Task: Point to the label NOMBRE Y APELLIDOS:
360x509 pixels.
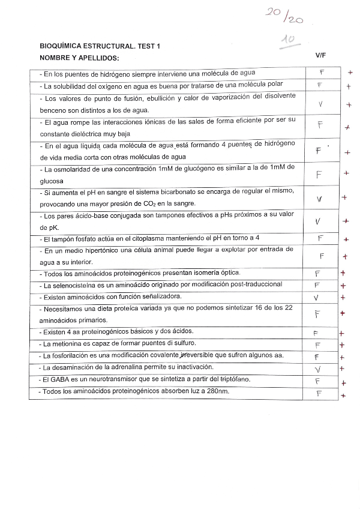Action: click(79, 58)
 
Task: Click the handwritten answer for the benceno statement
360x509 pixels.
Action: click(320, 104)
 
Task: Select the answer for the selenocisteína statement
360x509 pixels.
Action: click(317, 285)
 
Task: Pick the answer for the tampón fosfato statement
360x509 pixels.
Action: click(320, 238)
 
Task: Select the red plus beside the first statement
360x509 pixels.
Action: click(350, 73)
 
